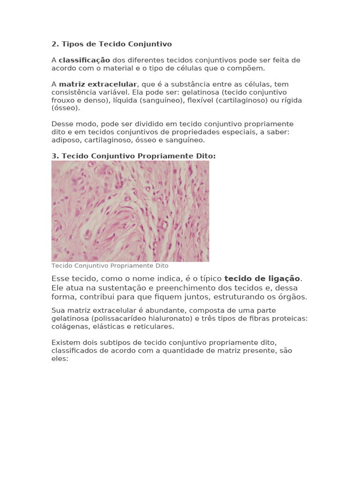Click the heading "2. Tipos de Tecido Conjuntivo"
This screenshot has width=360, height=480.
pyautogui.click(x=112, y=44)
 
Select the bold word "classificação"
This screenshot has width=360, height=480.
pyautogui.click(x=84, y=60)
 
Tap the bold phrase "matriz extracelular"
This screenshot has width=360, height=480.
pyautogui.click(x=97, y=84)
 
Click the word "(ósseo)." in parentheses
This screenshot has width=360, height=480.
pyautogui.click(x=66, y=108)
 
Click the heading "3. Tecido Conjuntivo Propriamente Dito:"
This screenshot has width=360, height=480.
pyautogui.click(x=134, y=156)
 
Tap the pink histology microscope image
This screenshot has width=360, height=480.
pyautogui.click(x=130, y=211)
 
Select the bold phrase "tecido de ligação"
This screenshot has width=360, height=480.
pyautogui.click(x=262, y=278)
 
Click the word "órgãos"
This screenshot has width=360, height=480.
pyautogui.click(x=293, y=297)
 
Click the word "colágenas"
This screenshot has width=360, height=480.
pyautogui.click(x=67, y=326)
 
